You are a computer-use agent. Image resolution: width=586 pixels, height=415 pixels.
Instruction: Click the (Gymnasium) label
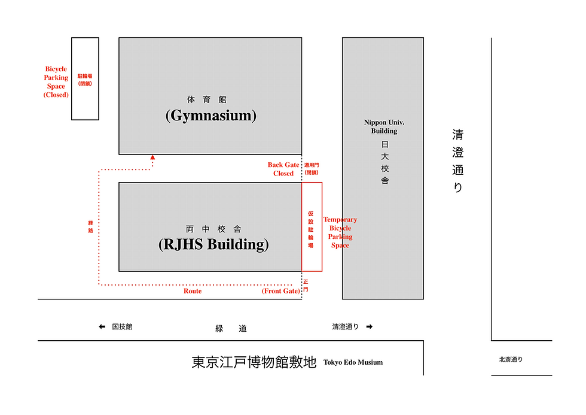click(210, 116)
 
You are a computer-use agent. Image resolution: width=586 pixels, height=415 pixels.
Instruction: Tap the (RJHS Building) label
click(213, 244)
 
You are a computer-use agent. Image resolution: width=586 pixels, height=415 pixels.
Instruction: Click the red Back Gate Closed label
click(283, 169)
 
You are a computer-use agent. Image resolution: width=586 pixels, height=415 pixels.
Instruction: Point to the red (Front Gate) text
click(280, 291)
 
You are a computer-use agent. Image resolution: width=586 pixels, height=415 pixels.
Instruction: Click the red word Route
click(193, 291)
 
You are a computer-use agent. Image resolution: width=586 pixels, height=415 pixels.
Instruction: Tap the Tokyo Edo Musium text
click(353, 362)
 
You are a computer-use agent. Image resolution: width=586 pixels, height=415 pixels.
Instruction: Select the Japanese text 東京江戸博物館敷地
click(254, 362)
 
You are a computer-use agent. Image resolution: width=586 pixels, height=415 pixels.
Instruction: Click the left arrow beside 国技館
click(102, 327)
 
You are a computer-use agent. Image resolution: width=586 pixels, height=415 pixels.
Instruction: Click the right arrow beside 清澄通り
click(369, 327)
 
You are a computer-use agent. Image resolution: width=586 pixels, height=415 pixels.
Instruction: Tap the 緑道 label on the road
click(231, 328)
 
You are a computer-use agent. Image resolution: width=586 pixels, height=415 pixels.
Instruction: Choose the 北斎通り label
click(511, 360)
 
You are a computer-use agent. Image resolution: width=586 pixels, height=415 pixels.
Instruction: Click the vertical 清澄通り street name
click(457, 160)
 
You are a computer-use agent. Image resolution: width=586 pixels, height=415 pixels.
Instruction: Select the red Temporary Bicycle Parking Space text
click(340, 232)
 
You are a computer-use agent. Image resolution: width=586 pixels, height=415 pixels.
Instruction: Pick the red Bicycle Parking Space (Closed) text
click(56, 82)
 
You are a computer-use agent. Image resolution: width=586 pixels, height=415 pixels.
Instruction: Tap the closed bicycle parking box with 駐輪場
click(85, 79)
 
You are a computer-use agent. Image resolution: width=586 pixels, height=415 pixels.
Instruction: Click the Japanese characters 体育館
click(207, 99)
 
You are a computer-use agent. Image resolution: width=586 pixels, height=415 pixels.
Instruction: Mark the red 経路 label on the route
click(90, 226)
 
